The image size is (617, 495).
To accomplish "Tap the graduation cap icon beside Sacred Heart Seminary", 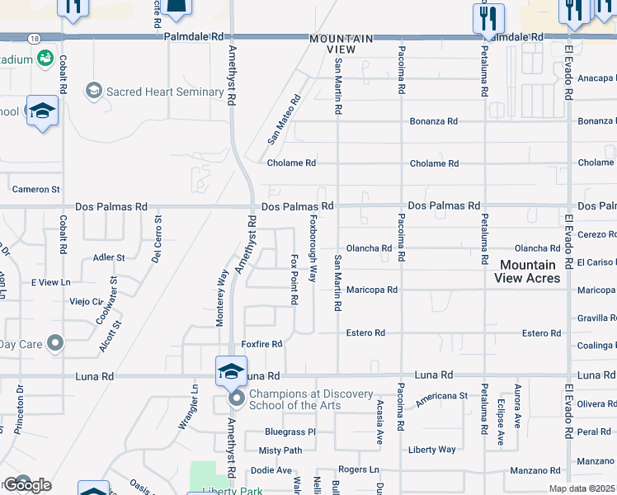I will [94, 90].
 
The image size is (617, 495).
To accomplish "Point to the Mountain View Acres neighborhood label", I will [527, 271].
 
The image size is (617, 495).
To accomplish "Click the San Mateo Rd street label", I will [284, 120].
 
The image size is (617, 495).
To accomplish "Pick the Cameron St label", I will [35, 190].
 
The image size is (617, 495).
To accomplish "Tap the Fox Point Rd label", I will [294, 280].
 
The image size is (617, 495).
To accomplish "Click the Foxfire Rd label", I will [261, 344].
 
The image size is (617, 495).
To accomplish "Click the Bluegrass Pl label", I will [290, 431].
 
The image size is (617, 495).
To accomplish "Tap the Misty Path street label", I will [280, 450].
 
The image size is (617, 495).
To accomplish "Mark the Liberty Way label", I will [431, 450].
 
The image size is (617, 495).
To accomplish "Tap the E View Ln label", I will [51, 282].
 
